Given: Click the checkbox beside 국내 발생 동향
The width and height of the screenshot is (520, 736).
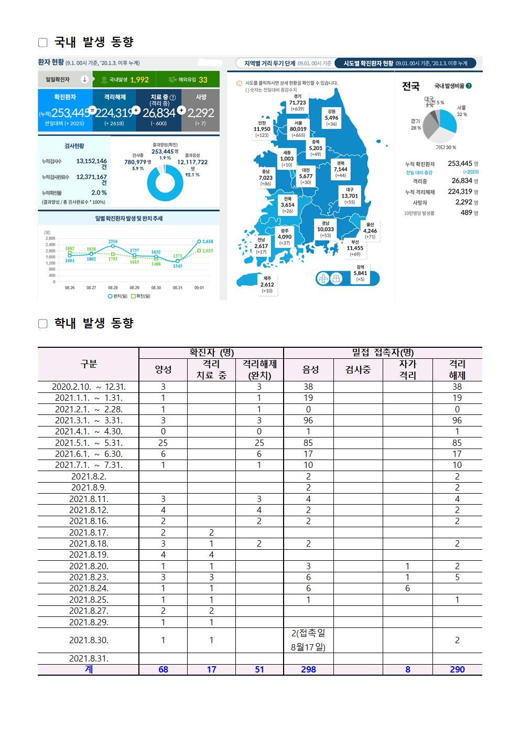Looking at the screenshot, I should (x=42, y=42).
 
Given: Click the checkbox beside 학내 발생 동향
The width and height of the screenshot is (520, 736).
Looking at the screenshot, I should (x=42, y=324).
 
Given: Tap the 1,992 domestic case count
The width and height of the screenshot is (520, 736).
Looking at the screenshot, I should (x=139, y=80).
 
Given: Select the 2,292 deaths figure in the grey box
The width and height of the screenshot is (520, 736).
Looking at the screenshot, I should (x=200, y=112).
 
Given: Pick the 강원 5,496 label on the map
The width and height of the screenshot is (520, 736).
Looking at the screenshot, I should (x=331, y=118).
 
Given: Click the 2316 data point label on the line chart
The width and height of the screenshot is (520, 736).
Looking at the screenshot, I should (x=113, y=241).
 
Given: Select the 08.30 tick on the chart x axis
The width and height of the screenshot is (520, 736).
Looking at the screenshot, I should (x=156, y=288).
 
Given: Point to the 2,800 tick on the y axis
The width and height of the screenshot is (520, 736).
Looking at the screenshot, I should (x=50, y=238).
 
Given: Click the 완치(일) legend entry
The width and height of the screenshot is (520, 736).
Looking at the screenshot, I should (x=118, y=296).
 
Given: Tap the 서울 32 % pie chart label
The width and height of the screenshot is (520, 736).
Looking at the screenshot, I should (x=461, y=111).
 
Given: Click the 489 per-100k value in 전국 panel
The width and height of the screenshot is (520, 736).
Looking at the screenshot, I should (x=466, y=213).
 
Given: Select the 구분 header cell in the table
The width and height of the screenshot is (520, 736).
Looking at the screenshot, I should (x=88, y=364).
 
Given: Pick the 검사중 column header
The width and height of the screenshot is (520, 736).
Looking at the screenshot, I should (x=357, y=369).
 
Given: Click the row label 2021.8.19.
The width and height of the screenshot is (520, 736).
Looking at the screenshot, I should (x=88, y=554).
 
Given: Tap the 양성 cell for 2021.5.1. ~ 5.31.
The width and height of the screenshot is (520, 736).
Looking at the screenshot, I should (x=163, y=443).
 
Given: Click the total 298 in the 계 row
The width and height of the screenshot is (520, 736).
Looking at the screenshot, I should (x=308, y=669).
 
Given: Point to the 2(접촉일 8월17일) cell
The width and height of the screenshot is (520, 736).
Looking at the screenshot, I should (x=308, y=640).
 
